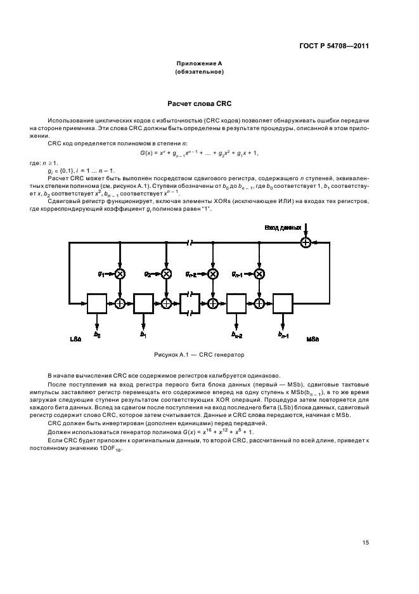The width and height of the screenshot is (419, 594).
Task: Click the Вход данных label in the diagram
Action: (x=283, y=227)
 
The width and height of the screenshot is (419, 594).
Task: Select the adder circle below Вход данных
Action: (x=306, y=242)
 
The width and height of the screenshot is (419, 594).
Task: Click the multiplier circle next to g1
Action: (x=119, y=274)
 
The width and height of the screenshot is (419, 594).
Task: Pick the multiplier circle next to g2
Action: (x=167, y=274)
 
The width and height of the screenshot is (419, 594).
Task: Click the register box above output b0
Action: (x=97, y=303)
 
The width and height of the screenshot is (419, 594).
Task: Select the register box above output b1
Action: (x=143, y=303)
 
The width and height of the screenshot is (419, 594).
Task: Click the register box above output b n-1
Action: (x=283, y=303)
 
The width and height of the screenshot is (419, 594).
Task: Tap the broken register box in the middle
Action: (x=190, y=303)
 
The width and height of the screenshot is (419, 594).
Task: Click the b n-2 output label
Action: (x=236, y=334)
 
